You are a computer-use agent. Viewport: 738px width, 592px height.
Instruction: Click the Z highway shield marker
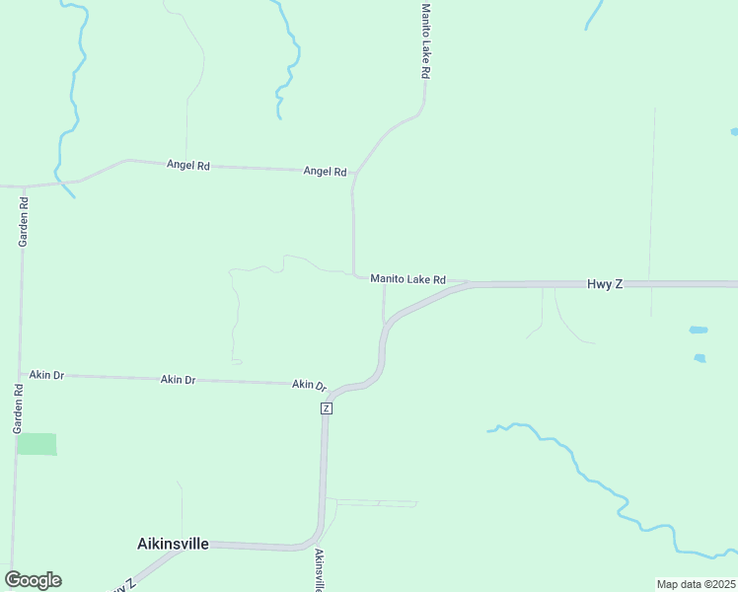(326, 407)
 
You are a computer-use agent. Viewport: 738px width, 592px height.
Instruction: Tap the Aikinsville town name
(172, 543)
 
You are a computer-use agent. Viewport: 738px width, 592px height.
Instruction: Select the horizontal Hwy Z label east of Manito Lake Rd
(605, 283)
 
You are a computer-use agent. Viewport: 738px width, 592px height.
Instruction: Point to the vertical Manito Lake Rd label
(425, 40)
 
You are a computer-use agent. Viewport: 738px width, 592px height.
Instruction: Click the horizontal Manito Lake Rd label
(407, 279)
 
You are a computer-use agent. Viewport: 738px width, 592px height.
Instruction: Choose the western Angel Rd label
(188, 165)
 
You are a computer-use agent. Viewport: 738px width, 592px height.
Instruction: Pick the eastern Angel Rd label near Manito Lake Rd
(325, 171)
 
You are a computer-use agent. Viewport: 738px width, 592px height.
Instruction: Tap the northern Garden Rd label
(24, 221)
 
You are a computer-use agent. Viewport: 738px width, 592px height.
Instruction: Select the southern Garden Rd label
(17, 409)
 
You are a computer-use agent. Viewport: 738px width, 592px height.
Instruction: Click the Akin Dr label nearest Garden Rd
(46, 375)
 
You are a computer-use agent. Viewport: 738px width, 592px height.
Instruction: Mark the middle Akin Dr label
(178, 379)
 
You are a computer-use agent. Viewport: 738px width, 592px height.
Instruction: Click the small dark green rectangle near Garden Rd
(37, 444)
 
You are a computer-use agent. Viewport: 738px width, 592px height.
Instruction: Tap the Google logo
(33, 580)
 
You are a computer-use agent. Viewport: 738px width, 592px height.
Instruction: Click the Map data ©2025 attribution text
(696, 584)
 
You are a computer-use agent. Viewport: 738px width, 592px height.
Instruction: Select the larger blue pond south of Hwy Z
(698, 330)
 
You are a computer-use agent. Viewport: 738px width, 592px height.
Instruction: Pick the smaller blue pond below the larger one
(700, 358)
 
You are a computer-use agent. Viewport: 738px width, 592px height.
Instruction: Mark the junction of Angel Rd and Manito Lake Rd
(353, 173)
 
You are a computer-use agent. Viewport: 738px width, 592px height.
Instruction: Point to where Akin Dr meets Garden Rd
(20, 375)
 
